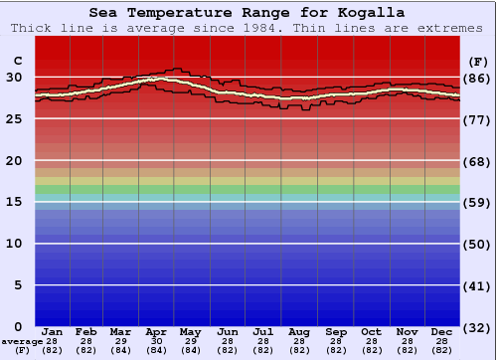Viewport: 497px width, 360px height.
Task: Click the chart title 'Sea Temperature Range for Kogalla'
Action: point(247,13)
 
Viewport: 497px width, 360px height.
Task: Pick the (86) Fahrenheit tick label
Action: point(476,78)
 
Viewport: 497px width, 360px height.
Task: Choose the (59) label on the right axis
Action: point(476,202)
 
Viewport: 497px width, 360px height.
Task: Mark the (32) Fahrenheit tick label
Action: point(476,327)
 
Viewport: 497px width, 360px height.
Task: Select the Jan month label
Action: point(53,331)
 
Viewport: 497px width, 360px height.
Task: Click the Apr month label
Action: point(156,331)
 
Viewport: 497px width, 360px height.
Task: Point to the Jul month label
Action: point(262,331)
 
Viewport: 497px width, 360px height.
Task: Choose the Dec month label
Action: point(442,331)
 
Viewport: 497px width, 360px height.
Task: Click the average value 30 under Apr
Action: point(156,341)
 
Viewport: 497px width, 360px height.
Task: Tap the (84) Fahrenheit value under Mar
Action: point(121,350)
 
